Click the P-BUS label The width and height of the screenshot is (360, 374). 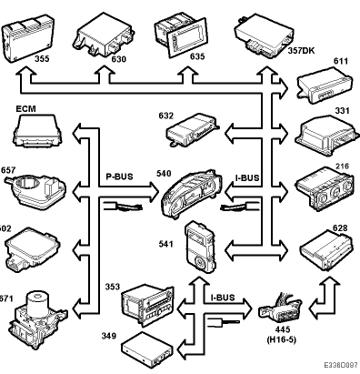pyautogui.click(x=119, y=177)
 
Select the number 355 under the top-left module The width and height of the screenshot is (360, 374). pyautogui.click(x=42, y=58)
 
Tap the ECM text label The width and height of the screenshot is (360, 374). pyautogui.click(x=25, y=108)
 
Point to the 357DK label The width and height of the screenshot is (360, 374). pyautogui.click(x=301, y=50)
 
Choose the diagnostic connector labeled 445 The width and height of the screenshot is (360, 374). pyautogui.click(x=280, y=308)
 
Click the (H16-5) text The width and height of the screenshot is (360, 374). pyautogui.click(x=281, y=339)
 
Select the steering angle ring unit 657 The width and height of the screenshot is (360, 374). pyautogui.click(x=35, y=190)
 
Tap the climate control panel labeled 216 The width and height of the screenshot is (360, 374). pyautogui.click(x=325, y=189)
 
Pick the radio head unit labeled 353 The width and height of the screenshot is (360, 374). pyautogui.click(x=148, y=305)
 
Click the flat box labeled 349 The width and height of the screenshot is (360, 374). pyautogui.click(x=147, y=349)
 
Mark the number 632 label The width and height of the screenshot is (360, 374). pyautogui.click(x=166, y=116)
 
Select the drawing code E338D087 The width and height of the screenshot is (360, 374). pyautogui.click(x=341, y=365)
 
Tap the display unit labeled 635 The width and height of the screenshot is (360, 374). pyautogui.click(x=181, y=35)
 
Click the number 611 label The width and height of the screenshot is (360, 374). pyautogui.click(x=341, y=61)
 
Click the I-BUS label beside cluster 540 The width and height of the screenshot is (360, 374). pyautogui.click(x=247, y=178)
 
